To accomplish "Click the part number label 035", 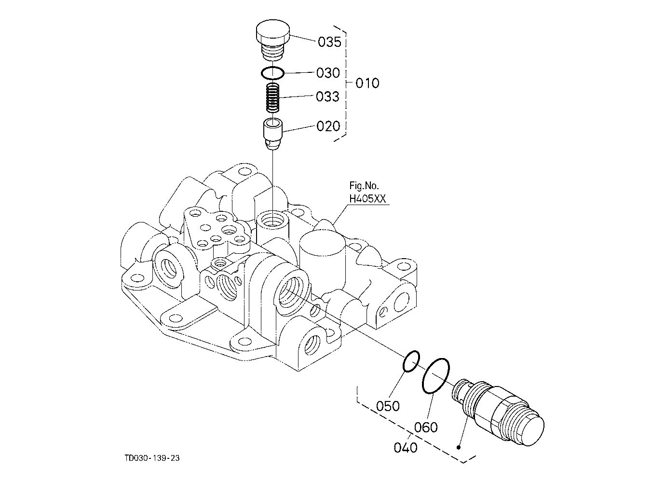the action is click(x=329, y=42).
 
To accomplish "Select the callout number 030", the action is click(x=328, y=73).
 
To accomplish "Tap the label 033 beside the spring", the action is click(x=327, y=97).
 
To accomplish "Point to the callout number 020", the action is click(x=328, y=126).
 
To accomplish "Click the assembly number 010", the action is click(x=367, y=83).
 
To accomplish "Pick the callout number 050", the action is click(x=388, y=406).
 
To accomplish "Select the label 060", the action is click(x=426, y=427).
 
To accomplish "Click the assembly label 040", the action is click(x=405, y=447).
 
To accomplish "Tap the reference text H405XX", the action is click(x=367, y=199).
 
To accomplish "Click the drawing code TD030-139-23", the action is click(x=152, y=458).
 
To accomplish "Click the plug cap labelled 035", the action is click(x=273, y=40).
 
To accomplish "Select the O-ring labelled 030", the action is click(x=272, y=73).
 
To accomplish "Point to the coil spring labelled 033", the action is click(x=272, y=98).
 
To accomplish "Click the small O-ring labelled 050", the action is click(x=411, y=361).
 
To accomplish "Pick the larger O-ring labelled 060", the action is click(x=436, y=376).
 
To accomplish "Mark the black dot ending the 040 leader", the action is click(x=459, y=447).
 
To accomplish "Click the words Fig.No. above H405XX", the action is click(x=364, y=186).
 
